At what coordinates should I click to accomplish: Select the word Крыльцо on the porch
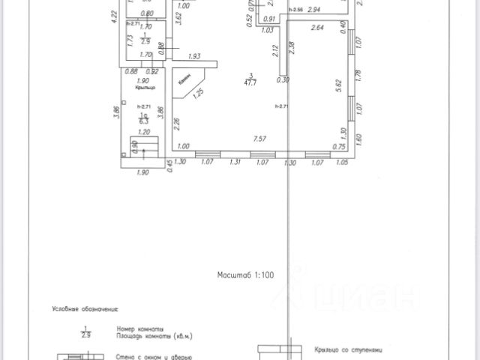pyautogui.click(x=145, y=88)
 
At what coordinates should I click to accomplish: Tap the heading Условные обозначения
pyautogui.click(x=85, y=308)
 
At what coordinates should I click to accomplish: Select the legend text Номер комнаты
pyautogui.click(x=138, y=328)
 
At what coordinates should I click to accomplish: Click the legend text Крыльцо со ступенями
pyautogui.click(x=350, y=349)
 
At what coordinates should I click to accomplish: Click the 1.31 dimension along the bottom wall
pyautogui.click(x=235, y=161)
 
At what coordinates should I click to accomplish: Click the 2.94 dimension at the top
pyautogui.click(x=313, y=10)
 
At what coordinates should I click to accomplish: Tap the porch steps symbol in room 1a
pyautogui.click(x=145, y=145)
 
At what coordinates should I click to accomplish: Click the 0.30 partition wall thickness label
pyautogui.click(x=282, y=80)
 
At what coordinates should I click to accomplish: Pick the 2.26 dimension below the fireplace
pyautogui.click(x=177, y=124)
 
